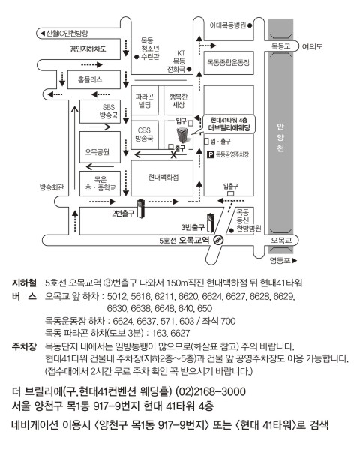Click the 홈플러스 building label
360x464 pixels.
pos(90,79)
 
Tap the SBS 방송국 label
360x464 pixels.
pos(108,111)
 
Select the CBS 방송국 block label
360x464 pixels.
pos(144,134)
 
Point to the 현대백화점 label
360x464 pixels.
pos(163,177)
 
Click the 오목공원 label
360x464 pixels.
pos(97,152)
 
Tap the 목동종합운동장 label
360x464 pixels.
pos(228,62)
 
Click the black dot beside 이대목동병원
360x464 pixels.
pos(250,25)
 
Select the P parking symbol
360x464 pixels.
pos(211,154)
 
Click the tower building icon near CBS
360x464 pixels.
pos(182,135)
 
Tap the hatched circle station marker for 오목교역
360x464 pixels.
pos(218,240)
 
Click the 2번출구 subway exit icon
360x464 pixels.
pos(141,209)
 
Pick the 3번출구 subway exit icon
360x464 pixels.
pos(211,223)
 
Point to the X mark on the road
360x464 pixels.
pos(174,154)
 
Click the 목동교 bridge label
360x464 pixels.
pos(281,46)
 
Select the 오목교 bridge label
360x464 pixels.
pos(281,241)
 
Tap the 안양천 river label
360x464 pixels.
pos(280,137)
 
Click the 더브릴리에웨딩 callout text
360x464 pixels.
pos(229,128)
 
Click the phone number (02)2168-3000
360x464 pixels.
pos(211,391)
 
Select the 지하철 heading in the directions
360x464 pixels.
pos(24,283)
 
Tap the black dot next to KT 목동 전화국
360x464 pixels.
pos(189,69)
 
